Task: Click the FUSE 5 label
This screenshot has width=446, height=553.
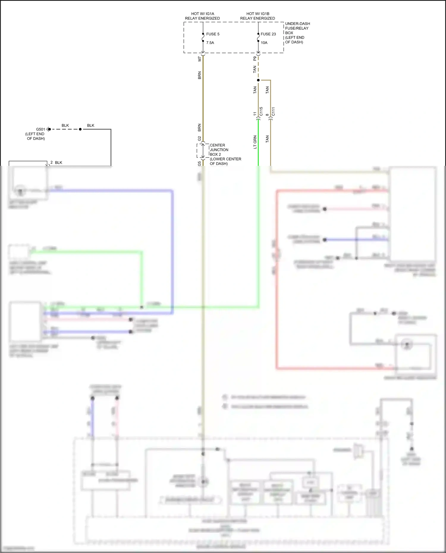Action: [x=213, y=34]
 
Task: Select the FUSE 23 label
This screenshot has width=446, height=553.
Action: [x=268, y=34]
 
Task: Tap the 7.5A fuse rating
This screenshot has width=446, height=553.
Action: [x=210, y=43]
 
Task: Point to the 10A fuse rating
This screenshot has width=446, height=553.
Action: [x=264, y=43]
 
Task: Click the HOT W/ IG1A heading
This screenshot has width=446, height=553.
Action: [x=202, y=14]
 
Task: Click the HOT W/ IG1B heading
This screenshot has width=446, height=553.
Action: [x=257, y=14]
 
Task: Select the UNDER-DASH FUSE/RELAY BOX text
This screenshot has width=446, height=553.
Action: [x=297, y=28]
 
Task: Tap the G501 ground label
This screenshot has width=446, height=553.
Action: [x=40, y=129]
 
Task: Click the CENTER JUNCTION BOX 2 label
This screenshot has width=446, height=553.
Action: [x=219, y=150]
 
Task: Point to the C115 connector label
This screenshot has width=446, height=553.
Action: [x=261, y=111]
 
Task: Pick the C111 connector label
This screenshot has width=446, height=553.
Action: [x=273, y=111]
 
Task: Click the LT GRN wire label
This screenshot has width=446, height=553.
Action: [x=255, y=142]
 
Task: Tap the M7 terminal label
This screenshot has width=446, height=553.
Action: [x=200, y=59]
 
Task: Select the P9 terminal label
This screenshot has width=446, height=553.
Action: [x=255, y=59]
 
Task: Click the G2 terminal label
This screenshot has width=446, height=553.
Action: [x=200, y=138]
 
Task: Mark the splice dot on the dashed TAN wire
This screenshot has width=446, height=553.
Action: [x=258, y=80]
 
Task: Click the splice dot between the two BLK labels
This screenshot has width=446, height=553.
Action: [x=80, y=129]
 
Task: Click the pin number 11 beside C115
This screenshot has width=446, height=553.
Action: [x=255, y=114]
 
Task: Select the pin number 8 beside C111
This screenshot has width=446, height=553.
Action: [x=267, y=115]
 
